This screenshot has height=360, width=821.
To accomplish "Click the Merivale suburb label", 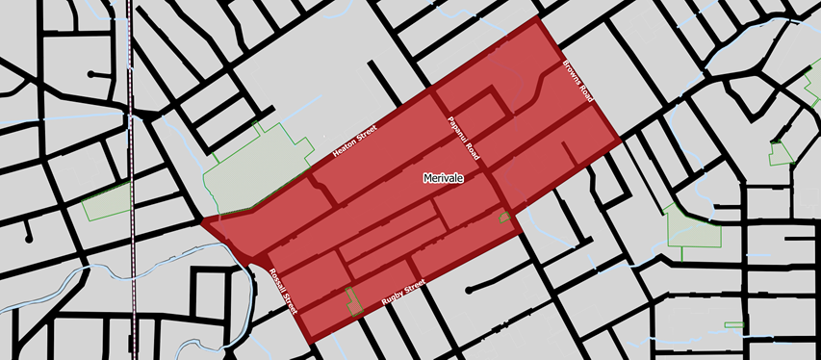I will tap(445, 178).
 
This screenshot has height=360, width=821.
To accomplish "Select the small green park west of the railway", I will tap(107, 201).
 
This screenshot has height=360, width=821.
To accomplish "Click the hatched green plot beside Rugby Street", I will tap(353, 301).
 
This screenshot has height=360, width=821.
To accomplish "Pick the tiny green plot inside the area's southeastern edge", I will tap(503, 217).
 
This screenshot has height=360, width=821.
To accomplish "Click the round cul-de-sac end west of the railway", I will tap(90, 74).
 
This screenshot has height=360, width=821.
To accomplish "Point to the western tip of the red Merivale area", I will tap(203, 221).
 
